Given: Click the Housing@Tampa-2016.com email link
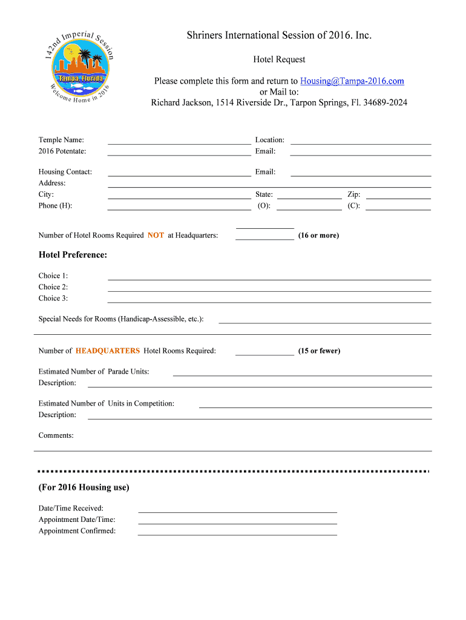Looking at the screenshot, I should click(x=352, y=81).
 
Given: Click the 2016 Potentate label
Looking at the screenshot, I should click(x=62, y=151).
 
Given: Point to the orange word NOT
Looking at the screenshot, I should click(x=156, y=236).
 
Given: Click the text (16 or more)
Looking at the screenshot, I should click(x=318, y=236).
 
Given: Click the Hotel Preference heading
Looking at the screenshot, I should click(x=73, y=255).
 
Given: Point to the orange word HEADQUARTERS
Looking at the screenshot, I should click(x=108, y=351).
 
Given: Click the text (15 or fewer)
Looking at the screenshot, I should click(x=319, y=351).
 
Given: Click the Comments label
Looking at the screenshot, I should click(x=56, y=435).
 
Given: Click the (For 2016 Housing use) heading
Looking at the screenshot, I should click(x=84, y=487).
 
